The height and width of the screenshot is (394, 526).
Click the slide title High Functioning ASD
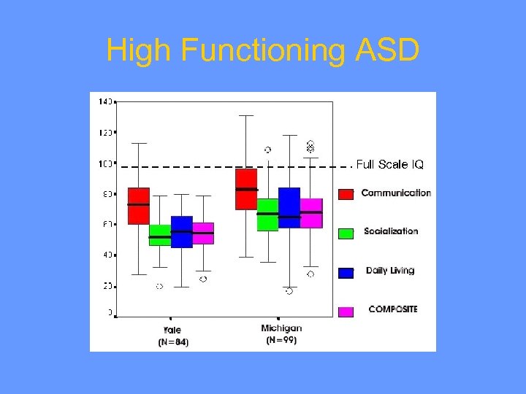pos(263,51)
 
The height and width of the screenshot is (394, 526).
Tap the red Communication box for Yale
pos(138,206)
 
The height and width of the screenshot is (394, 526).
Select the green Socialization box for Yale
pos(159,235)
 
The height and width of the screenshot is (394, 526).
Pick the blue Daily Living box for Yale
pos(181,232)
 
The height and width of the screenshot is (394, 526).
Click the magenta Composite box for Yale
pos(203,233)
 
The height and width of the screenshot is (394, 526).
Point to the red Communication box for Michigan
pos(246,189)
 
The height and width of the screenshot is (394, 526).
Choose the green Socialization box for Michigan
pos(267,215)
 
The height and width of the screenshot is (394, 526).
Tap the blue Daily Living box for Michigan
pos(289,208)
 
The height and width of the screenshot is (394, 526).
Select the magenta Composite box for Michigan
pos(311,213)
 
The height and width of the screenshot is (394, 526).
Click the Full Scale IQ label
pos(389,164)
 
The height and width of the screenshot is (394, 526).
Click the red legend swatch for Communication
pos(346,193)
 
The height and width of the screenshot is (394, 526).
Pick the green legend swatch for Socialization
pos(346,233)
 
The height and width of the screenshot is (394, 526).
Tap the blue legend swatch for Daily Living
pos(346,273)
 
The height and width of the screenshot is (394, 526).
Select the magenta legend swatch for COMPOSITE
pos(346,312)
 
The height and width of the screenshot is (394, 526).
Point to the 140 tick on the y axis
pos(105,101)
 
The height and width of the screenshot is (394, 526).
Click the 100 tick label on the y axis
pos(105,163)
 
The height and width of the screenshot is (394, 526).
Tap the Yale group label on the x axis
pos(172,330)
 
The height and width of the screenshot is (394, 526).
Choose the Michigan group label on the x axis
pos(281,328)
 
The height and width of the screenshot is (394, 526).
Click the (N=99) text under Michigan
pos(281,340)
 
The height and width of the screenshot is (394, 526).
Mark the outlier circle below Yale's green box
pos(159,286)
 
